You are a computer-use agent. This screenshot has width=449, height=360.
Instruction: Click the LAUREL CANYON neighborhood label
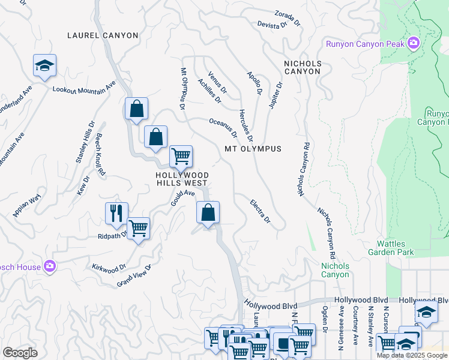(103, 35)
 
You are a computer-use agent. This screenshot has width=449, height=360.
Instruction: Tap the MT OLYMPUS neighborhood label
(253, 149)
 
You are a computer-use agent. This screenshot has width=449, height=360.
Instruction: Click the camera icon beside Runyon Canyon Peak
(413, 43)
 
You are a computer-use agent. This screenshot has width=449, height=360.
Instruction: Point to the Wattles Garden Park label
(391, 248)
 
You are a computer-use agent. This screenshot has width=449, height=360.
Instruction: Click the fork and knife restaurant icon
(116, 212)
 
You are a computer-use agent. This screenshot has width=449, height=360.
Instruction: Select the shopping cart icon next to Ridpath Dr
(138, 227)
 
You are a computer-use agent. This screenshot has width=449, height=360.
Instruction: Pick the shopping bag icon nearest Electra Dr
(208, 212)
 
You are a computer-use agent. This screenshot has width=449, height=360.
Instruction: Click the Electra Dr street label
(261, 211)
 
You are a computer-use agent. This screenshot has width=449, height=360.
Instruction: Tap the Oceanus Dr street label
(223, 127)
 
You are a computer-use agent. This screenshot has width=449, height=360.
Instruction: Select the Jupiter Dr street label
(276, 94)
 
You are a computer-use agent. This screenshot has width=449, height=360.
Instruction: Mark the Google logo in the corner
(20, 352)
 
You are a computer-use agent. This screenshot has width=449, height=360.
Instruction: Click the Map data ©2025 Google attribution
(412, 355)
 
